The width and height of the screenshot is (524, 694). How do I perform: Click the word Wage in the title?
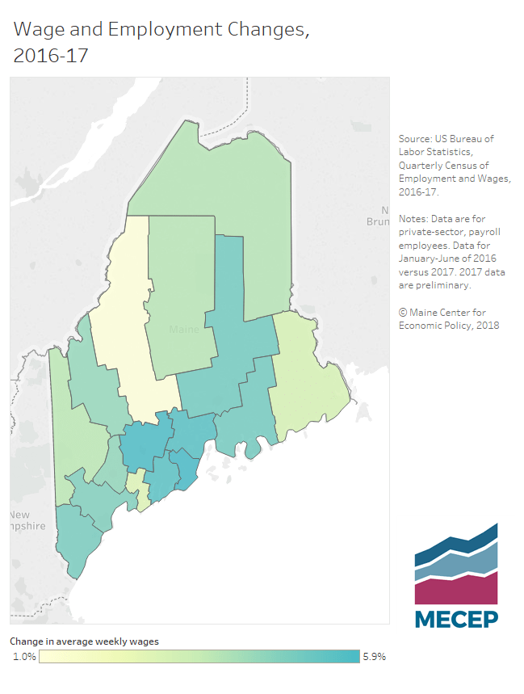[40, 31]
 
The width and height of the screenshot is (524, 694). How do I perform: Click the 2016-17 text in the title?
[51, 57]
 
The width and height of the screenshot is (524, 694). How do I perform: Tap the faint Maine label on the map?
[184, 330]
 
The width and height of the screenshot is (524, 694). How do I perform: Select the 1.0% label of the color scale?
[24, 657]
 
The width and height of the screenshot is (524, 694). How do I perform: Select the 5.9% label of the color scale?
[375, 657]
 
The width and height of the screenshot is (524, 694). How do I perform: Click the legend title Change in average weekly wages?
[84, 641]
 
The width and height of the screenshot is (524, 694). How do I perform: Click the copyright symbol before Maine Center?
[403, 313]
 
